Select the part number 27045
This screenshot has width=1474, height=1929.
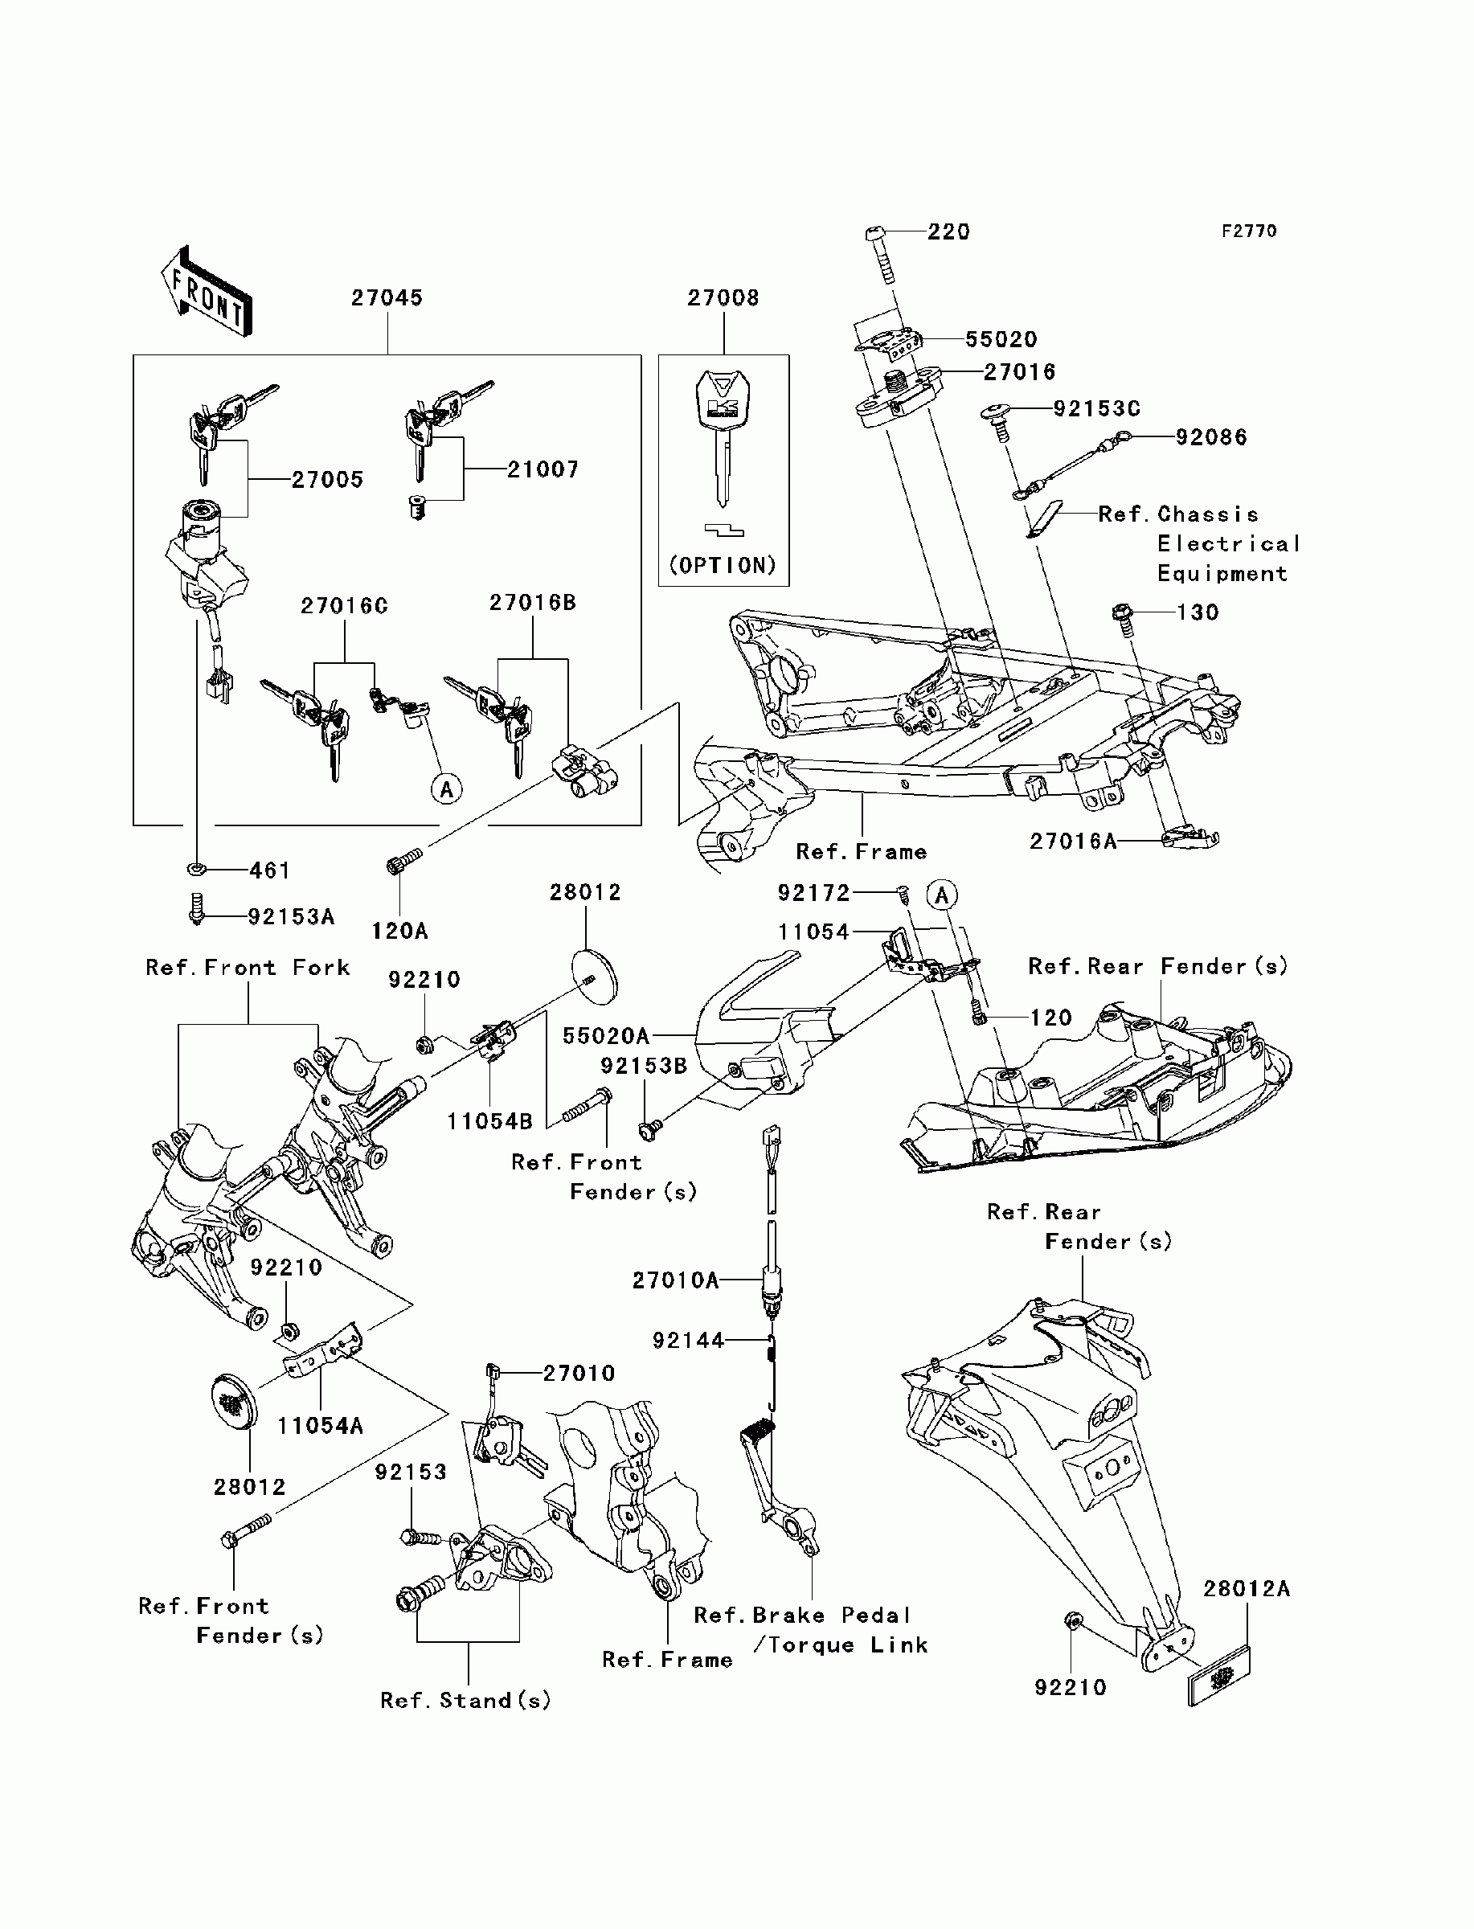pos(387,298)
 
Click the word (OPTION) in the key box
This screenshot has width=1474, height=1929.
pos(723,565)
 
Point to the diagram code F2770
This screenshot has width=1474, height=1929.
pos(1250,231)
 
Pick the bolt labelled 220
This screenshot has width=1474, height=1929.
pos(881,256)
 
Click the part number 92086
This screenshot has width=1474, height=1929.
pos(1212,437)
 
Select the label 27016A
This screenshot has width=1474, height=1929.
pos(1073,842)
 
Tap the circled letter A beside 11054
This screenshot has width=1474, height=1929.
pos(942,895)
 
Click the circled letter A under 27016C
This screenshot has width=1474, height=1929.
pos(447,789)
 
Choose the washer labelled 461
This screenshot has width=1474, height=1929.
pos(198,870)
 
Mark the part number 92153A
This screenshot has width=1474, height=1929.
pos(291,917)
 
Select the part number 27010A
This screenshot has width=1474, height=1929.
pos(676,1280)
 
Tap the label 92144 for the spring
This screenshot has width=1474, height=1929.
pos(689,1341)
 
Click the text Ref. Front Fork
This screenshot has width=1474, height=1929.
pos(248,968)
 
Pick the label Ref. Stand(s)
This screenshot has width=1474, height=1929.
pos(466,1700)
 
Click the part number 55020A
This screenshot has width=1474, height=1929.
pos(606,1036)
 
